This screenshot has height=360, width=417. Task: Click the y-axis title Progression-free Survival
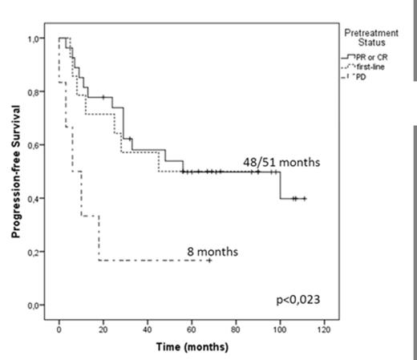[15, 172]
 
